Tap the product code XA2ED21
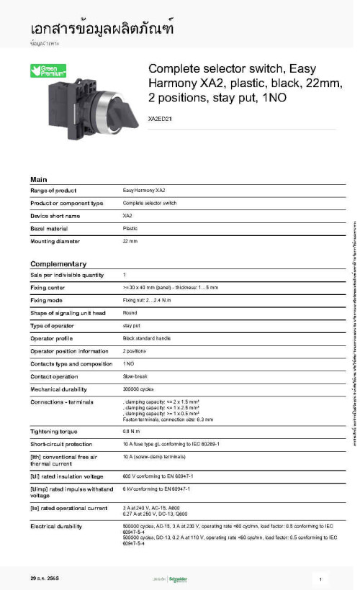[x=160, y=118]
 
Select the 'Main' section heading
[x=39, y=179]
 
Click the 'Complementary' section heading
[x=58, y=264]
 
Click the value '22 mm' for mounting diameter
[x=130, y=241]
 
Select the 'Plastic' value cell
[x=130, y=228]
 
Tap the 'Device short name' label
[x=55, y=216]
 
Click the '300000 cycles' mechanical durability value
[x=138, y=389]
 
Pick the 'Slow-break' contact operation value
[x=135, y=376]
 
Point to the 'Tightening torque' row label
[x=54, y=432]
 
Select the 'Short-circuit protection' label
[x=61, y=444]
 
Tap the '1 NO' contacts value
[x=128, y=363]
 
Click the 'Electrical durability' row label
[x=57, y=527]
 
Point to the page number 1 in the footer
[x=319, y=578]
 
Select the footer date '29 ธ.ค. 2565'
[x=45, y=578]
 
